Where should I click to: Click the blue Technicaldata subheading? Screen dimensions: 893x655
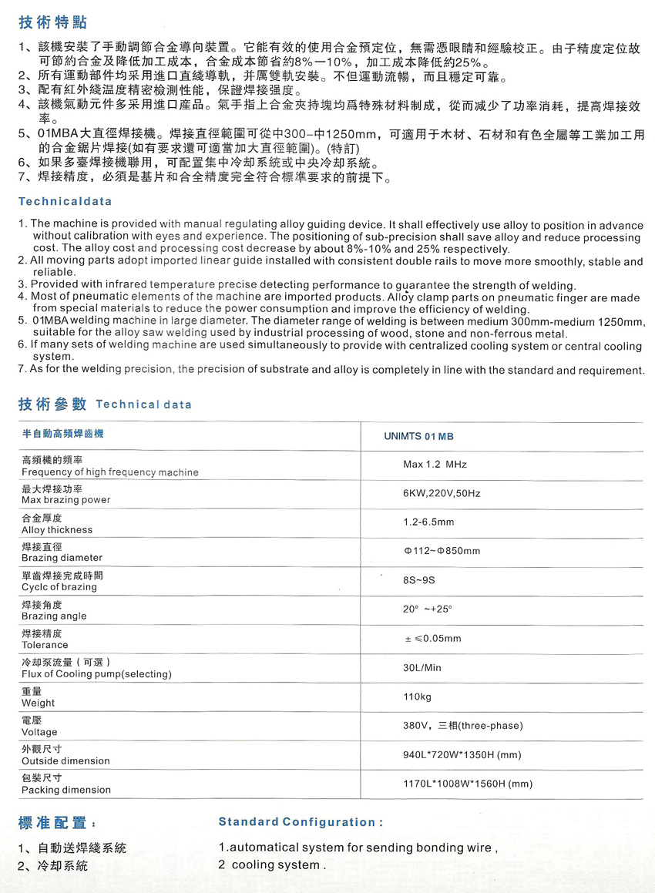click(x=65, y=201)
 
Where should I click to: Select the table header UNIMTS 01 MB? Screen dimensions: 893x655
click(x=418, y=436)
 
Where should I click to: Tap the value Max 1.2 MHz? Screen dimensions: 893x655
click(x=435, y=465)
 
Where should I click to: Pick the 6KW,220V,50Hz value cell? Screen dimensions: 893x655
click(x=442, y=493)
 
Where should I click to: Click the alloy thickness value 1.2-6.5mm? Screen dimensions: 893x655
click(x=428, y=522)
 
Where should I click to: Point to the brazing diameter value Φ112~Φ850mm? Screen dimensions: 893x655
click(x=442, y=551)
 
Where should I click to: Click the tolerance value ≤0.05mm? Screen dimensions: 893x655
click(x=432, y=638)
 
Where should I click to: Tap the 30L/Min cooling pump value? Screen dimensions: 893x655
click(x=422, y=667)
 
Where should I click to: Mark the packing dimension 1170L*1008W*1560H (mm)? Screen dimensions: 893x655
click(x=467, y=784)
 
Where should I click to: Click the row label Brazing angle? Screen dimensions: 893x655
click(x=54, y=616)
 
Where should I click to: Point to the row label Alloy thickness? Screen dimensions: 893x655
click(x=56, y=530)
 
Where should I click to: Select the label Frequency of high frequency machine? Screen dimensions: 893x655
click(x=109, y=472)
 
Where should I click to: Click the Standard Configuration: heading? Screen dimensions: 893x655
click(x=301, y=822)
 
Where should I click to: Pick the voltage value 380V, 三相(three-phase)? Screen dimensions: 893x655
click(x=462, y=726)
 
